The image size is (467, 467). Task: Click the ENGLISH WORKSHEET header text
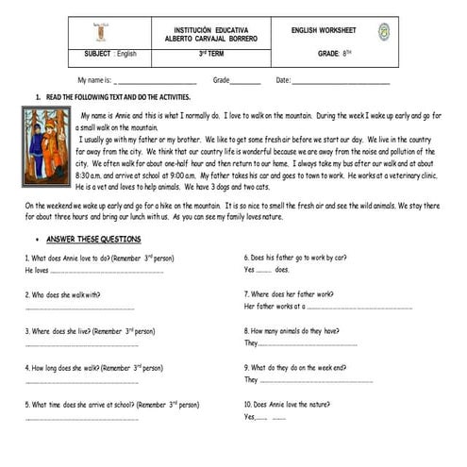pyautogui.click(x=323, y=31)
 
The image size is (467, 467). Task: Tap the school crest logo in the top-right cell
pyautogui.click(x=384, y=33)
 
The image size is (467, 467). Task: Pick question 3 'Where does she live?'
pyautogui.click(x=90, y=331)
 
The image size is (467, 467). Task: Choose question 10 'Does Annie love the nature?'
pyautogui.click(x=288, y=405)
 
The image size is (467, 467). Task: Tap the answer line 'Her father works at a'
pyautogui.click(x=321, y=307)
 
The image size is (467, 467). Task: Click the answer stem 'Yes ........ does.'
pyautogui.click(x=266, y=270)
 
